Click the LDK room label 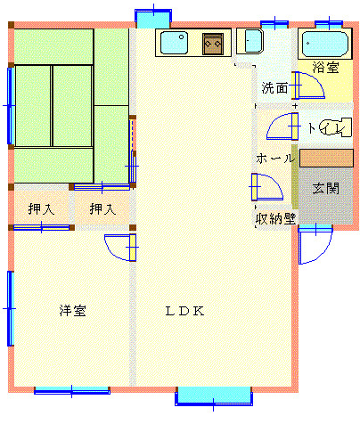184,311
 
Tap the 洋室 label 73,311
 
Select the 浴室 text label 325,68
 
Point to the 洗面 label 274,88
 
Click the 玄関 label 325,188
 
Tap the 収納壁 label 276,219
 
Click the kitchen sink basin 174,43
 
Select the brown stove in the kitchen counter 213,44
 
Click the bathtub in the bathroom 325,45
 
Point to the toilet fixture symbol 336,127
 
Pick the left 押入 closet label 42,208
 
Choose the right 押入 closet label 102,208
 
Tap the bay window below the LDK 214,396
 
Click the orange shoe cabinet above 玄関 326,159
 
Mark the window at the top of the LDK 153,19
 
